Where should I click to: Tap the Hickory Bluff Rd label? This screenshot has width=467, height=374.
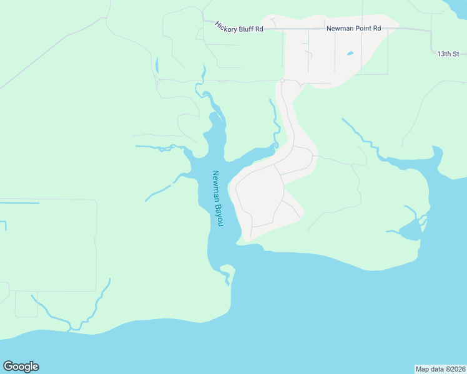click(239, 27)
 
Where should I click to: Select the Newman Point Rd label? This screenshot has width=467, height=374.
click(353, 29)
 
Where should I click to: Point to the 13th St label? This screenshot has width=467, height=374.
click(448, 54)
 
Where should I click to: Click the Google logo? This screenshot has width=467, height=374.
click(21, 367)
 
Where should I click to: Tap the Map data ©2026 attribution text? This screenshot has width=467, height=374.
click(440, 368)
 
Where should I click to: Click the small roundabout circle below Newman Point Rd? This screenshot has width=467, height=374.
click(282, 81)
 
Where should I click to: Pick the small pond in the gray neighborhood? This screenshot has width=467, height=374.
click(350, 54)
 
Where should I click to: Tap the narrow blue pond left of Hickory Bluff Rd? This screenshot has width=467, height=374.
click(156, 65)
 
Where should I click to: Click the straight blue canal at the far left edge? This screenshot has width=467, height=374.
click(19, 203)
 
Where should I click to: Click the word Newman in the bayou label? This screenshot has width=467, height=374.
click(216, 186)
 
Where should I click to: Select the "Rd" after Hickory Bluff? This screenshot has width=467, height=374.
click(259, 29)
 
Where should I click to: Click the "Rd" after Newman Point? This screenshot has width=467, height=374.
click(376, 29)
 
